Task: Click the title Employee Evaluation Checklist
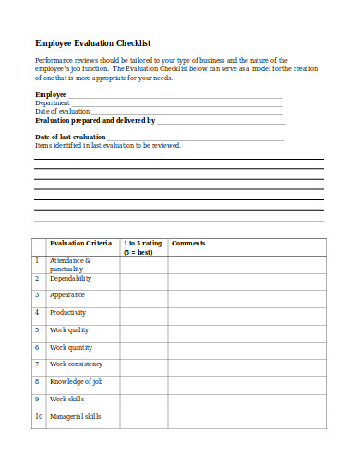pyautogui.click(x=92, y=42)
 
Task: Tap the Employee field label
pyautogui.click(x=51, y=94)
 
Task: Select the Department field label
pyautogui.click(x=53, y=102)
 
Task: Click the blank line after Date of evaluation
pyautogui.click(x=185, y=112)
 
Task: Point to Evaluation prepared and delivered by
pyautogui.click(x=95, y=120)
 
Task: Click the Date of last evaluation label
pyautogui.click(x=70, y=137)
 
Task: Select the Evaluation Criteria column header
pyautogui.click(x=80, y=244)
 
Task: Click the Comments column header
pyautogui.click(x=188, y=244)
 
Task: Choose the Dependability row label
pyautogui.click(x=71, y=278)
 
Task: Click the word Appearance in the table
pyautogui.click(x=67, y=295)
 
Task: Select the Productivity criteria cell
pyautogui.click(x=69, y=313)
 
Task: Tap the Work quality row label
pyautogui.click(x=69, y=329)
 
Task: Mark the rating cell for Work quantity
pyautogui.click(x=143, y=348)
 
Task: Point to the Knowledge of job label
pyautogui.click(x=76, y=381)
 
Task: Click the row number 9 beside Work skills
pyautogui.click(x=38, y=399)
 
